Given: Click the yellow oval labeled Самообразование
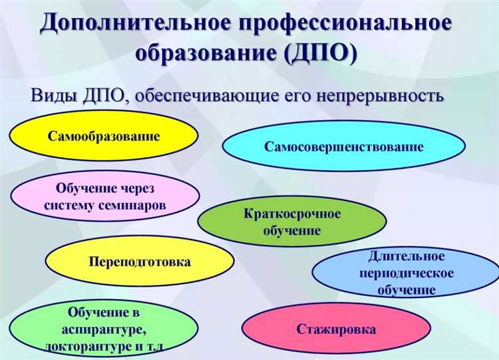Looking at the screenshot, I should (104, 136).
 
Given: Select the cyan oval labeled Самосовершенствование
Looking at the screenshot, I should (343, 147).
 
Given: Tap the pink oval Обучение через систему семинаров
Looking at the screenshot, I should (105, 198).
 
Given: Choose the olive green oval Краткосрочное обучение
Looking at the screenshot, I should (291, 223).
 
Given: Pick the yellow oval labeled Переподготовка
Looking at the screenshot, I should (140, 262).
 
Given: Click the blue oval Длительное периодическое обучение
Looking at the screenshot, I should (406, 273).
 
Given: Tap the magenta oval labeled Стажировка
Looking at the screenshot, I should (336, 329).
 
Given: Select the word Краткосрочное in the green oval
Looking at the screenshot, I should (292, 214).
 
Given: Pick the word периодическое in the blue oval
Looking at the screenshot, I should (406, 273).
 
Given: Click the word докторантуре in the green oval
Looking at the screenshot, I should (89, 347).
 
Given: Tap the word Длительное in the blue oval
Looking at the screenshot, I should (406, 256).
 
